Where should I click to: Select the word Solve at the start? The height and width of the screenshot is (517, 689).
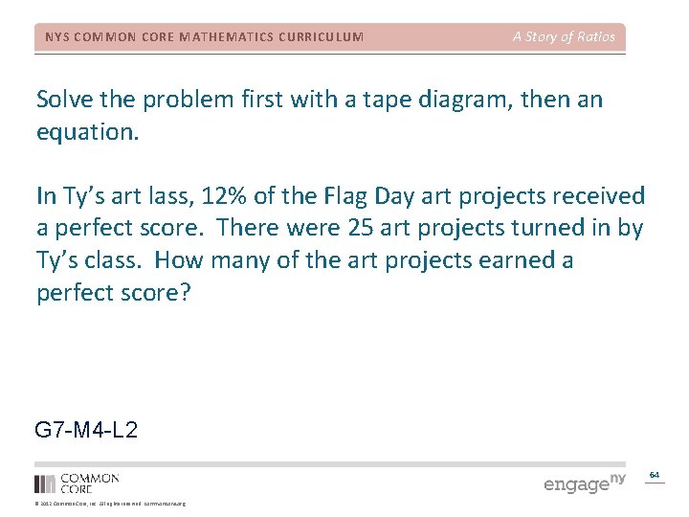[66, 100]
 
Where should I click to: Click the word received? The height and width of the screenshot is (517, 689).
[595, 196]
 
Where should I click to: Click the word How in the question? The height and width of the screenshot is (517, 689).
[179, 260]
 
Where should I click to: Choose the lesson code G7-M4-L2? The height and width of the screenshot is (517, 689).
[86, 430]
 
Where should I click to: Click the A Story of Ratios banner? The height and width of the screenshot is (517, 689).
[564, 37]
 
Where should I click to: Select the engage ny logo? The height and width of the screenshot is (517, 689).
[584, 483]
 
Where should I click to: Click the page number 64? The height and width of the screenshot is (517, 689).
[655, 475]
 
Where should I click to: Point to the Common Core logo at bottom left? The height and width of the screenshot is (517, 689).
[77, 483]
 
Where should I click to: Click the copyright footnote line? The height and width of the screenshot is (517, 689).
[110, 504]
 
